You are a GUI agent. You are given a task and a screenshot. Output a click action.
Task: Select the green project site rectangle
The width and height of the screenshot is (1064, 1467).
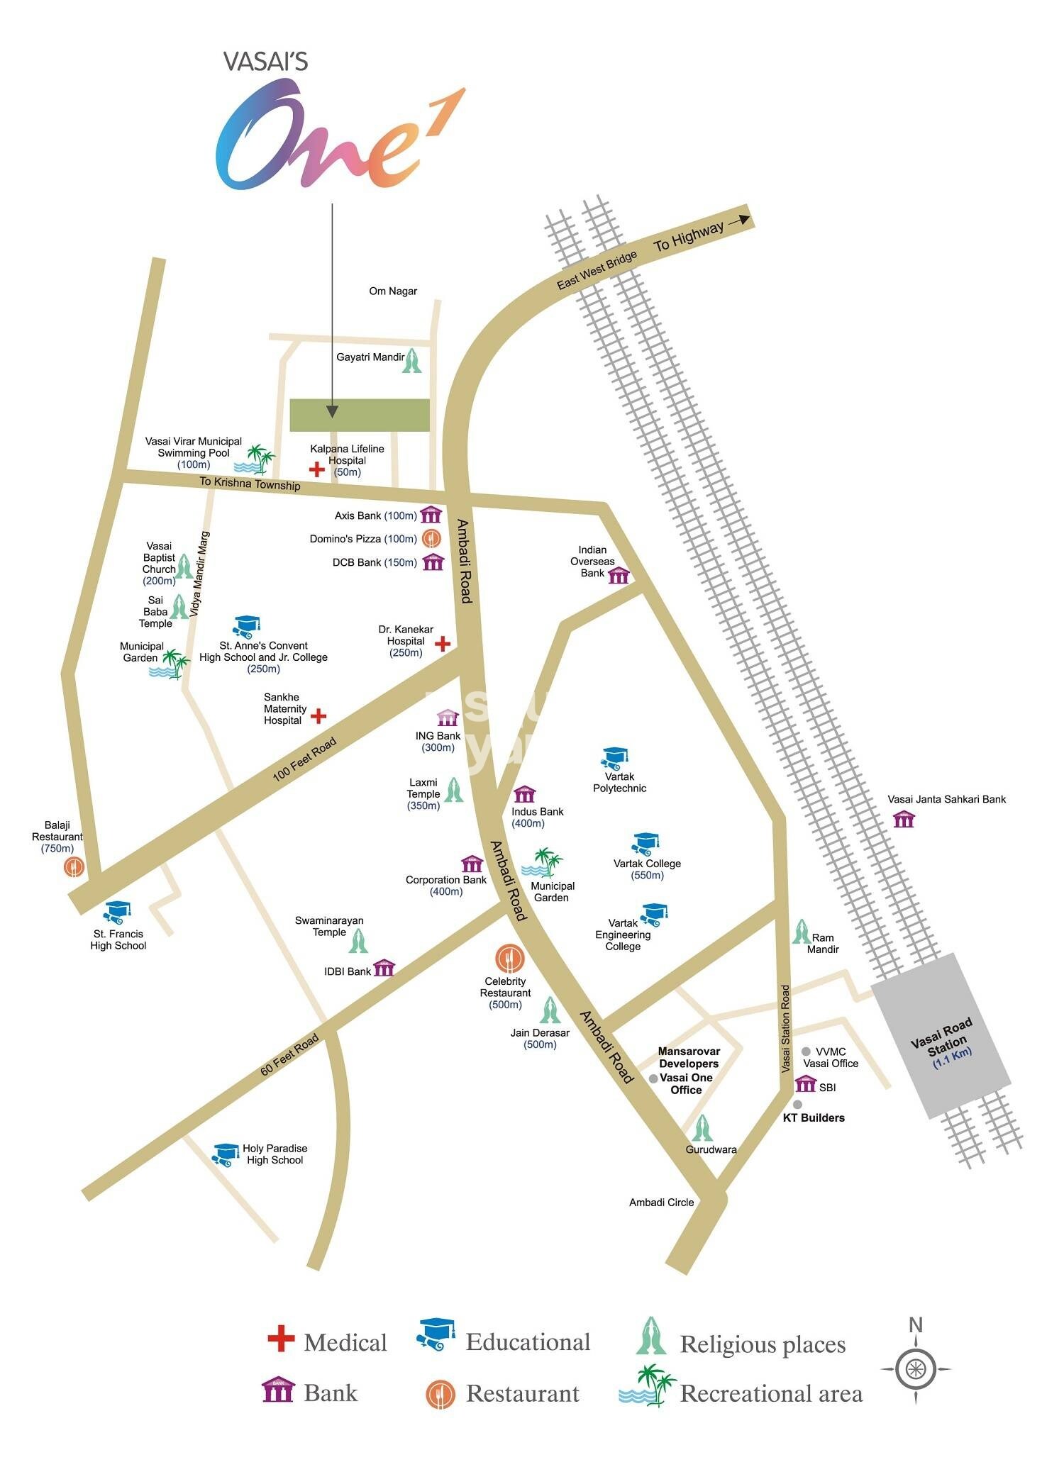360,415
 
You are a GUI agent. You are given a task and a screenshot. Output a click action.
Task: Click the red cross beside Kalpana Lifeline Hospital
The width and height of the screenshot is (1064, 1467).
316,469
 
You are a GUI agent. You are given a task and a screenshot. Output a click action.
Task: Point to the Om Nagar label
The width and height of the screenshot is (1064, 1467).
393,291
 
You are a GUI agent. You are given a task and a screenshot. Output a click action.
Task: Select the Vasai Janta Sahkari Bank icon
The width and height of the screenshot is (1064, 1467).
904,820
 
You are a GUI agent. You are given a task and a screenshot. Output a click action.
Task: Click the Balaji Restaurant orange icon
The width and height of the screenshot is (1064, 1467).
73,866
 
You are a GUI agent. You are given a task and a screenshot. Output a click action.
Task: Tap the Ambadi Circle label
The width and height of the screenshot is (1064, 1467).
661,1203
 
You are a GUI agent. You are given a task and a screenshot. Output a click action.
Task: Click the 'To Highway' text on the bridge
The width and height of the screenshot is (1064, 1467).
689,237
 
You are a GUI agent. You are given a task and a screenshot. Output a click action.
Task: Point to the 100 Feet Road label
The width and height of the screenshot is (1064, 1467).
304,760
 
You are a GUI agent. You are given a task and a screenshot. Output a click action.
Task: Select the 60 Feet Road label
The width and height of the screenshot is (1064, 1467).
289,1056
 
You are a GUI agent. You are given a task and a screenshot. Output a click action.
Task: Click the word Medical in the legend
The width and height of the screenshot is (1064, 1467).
345,1343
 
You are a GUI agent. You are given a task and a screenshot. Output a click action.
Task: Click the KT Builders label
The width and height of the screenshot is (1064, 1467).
813,1118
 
